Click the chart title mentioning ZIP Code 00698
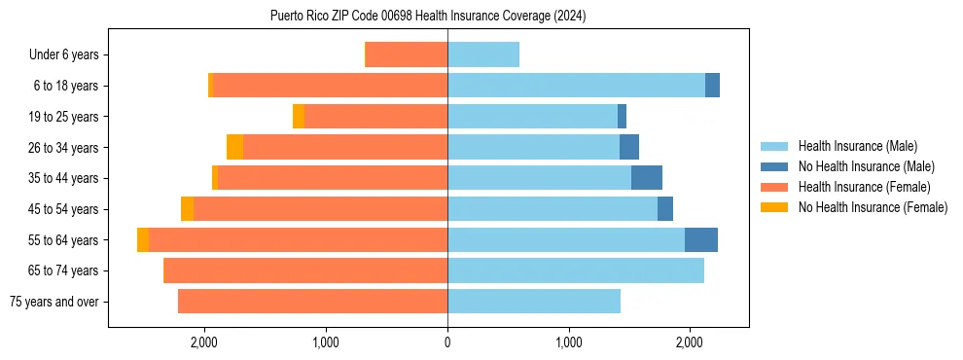[428, 16]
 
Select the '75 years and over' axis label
[54, 302]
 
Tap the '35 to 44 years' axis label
[61, 178]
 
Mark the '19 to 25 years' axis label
[61, 117]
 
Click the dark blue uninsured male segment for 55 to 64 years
[701, 240]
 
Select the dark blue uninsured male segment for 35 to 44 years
[647, 178]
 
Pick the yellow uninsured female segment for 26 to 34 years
[234, 147]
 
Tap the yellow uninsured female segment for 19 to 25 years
[299, 117]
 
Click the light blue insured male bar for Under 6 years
[483, 55]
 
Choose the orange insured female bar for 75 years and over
[312, 302]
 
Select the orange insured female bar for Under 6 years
[407, 55]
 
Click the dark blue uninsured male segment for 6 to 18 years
[712, 86]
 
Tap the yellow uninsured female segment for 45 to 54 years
[187, 209]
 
